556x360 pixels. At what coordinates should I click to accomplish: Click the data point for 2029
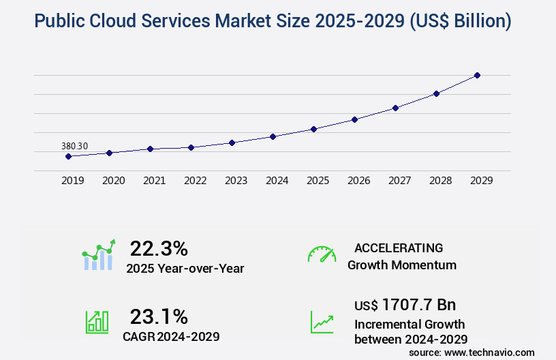coord(477,75)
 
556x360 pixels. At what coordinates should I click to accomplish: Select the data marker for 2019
coord(68,156)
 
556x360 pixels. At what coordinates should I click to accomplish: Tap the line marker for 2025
coord(313,129)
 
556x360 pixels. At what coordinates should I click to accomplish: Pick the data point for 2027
coord(395,108)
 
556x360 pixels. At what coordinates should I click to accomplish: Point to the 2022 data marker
coord(191,147)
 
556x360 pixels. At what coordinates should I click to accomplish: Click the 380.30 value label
coord(74,146)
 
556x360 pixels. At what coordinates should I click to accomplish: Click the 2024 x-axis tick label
coord(277,181)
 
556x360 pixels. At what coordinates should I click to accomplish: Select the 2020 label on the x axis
coord(113,181)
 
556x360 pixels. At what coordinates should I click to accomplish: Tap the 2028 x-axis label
coord(440,181)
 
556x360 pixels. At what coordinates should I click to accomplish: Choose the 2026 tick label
coord(358,181)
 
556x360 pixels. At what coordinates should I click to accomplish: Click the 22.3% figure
coord(159,248)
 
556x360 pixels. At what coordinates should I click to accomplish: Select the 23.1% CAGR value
coord(159,316)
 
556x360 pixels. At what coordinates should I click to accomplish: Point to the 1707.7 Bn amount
coord(418,304)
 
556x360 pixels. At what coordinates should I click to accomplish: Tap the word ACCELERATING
coord(399,248)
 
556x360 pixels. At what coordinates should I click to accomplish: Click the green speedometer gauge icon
coord(322,254)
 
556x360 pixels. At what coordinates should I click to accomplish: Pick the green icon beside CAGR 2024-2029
coord(97,322)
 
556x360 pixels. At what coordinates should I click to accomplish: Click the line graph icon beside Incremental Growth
coord(322,322)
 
